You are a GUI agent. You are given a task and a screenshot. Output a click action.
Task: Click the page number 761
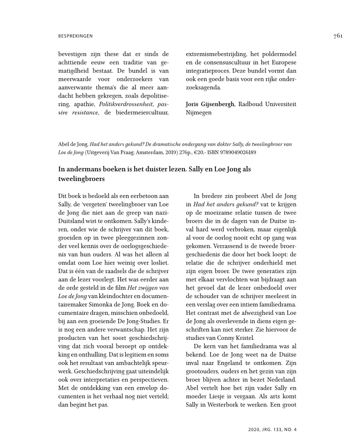(x=337, y=36)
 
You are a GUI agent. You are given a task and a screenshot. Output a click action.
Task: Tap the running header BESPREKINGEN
(x=76, y=36)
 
